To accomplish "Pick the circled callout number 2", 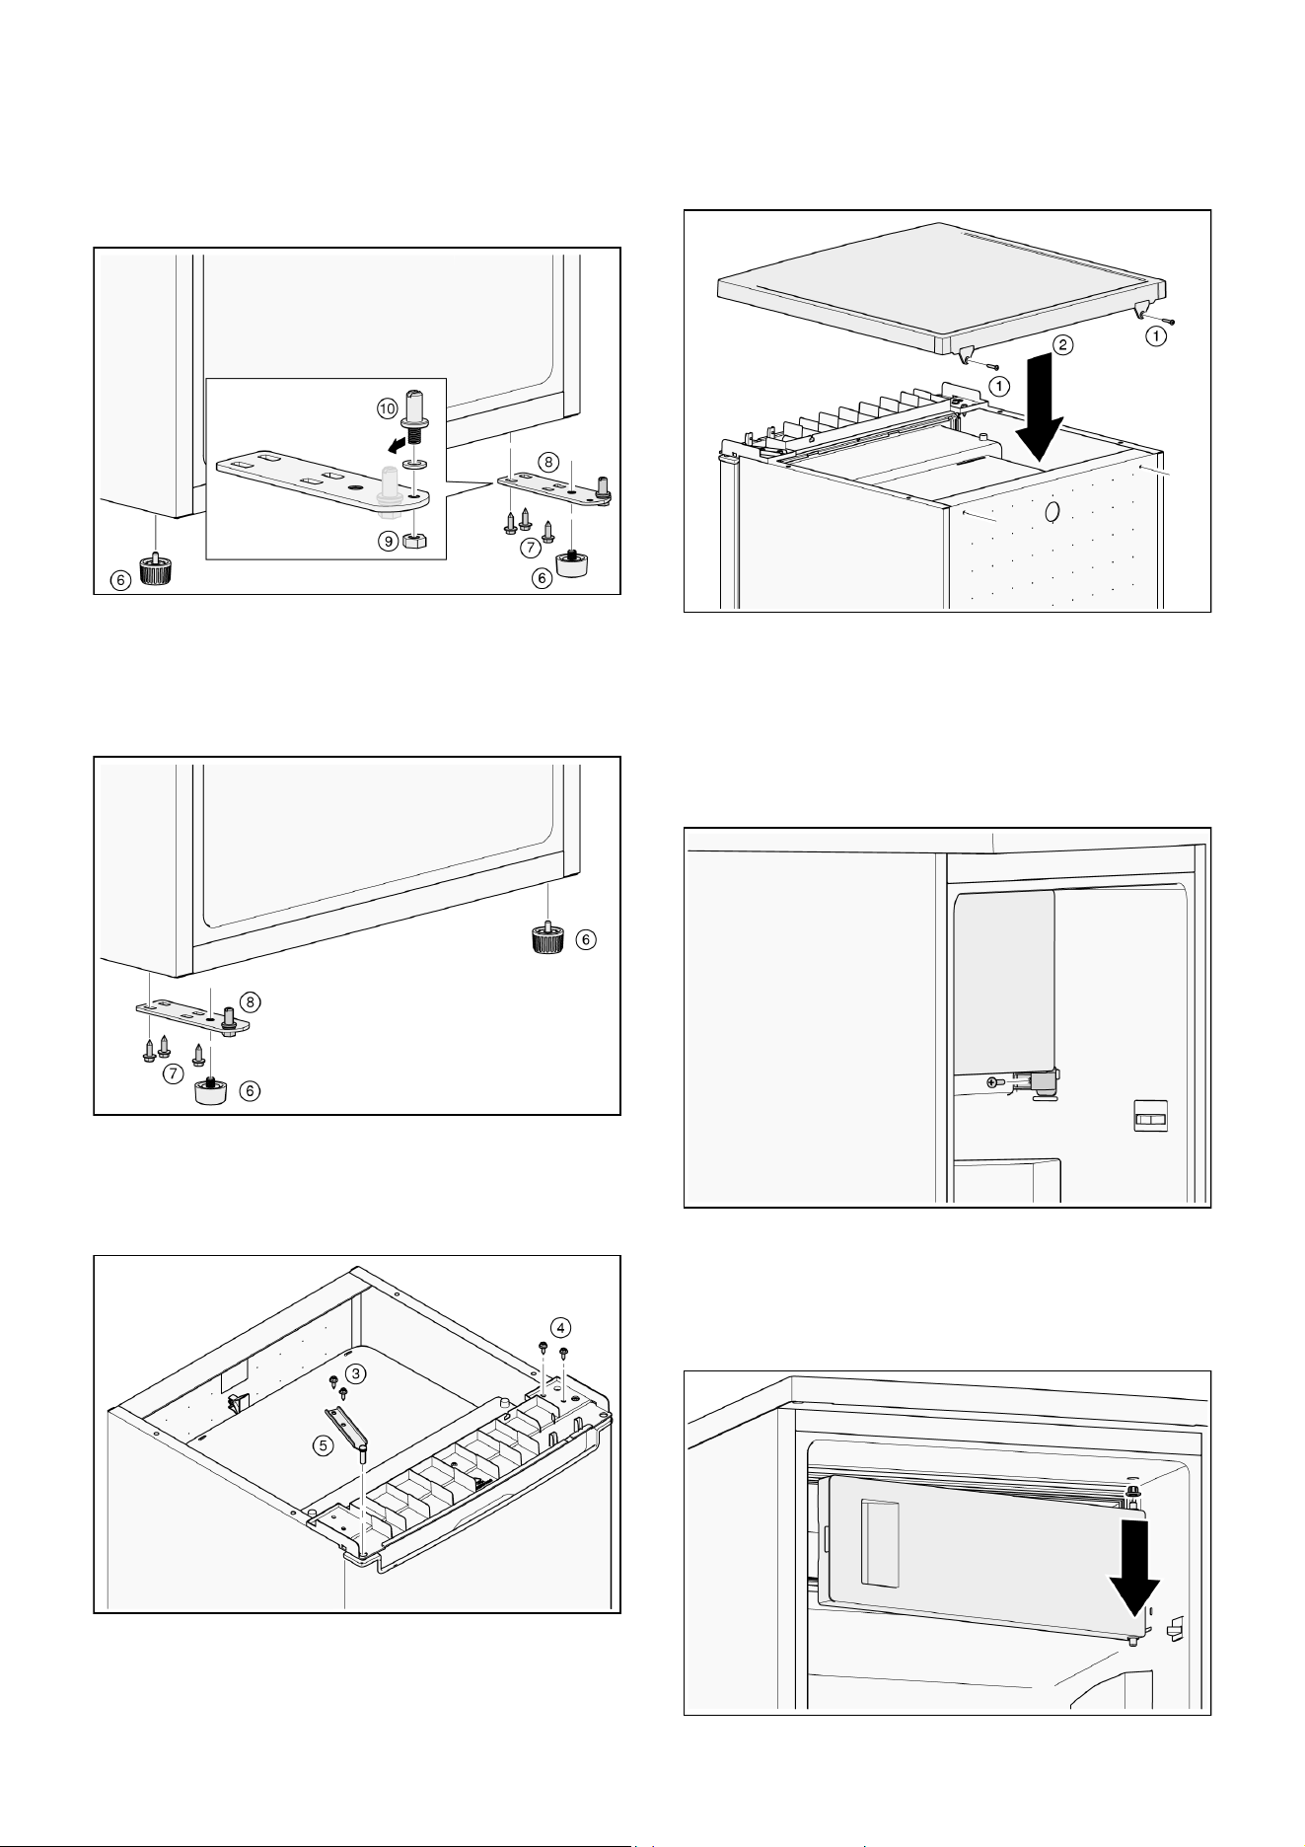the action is (1060, 345).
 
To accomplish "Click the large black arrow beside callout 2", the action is (1040, 411).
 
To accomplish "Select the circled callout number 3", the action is (357, 1372).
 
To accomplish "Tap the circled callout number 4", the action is (559, 1325).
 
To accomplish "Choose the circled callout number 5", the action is (323, 1445).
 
